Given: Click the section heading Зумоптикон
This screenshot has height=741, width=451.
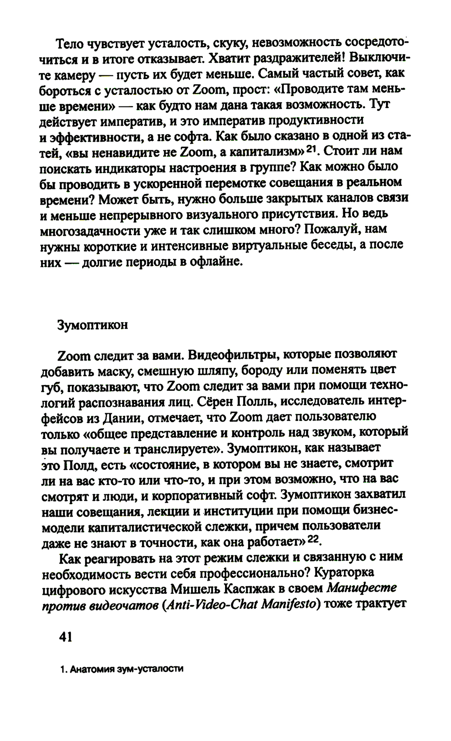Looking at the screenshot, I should (x=92, y=325).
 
